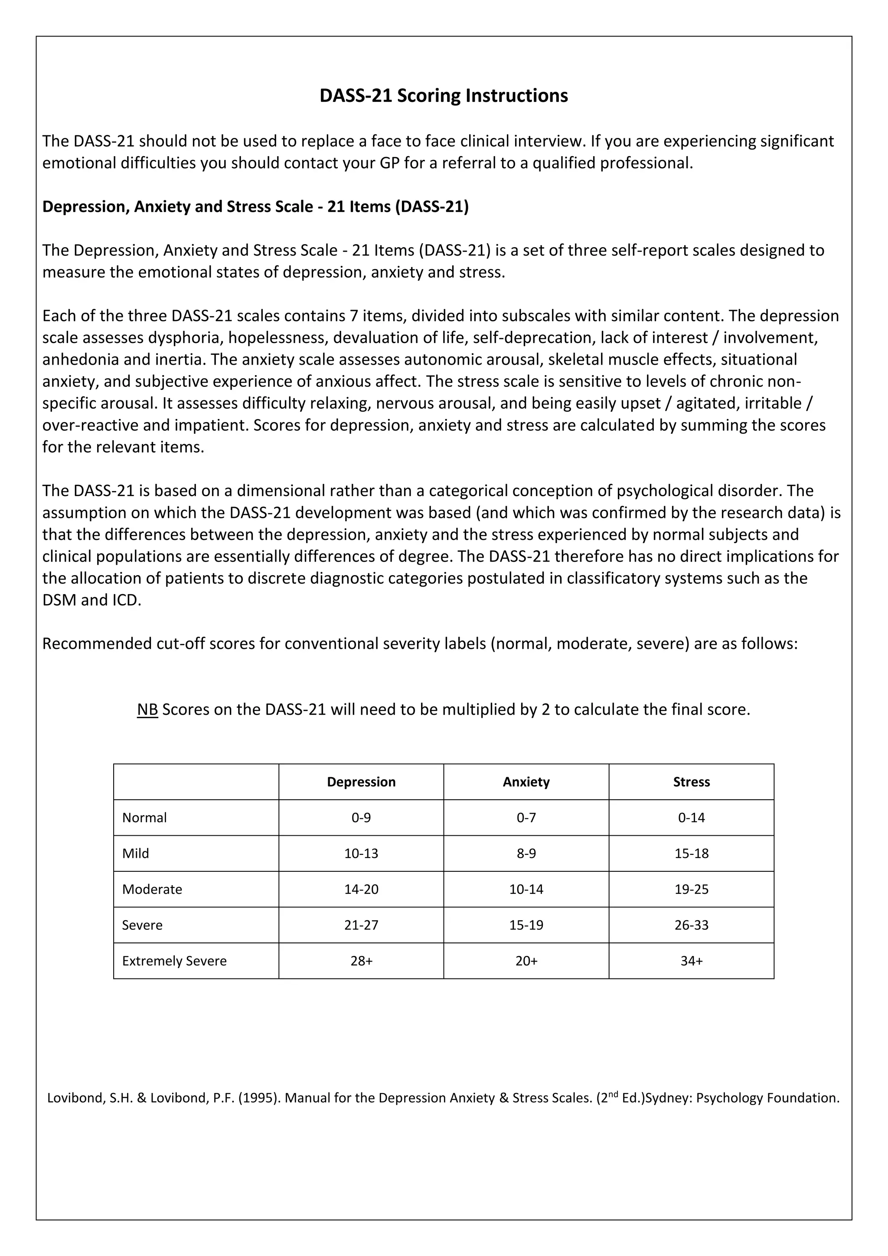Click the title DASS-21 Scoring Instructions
(444, 96)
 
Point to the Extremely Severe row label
(174, 961)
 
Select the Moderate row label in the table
(152, 889)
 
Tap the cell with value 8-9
(526, 854)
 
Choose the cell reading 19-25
(691, 889)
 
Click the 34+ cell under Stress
(691, 961)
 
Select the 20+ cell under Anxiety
(526, 961)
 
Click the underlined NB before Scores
(147, 710)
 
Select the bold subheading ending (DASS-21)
(255, 207)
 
